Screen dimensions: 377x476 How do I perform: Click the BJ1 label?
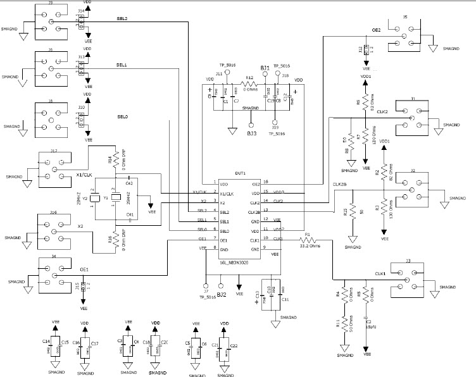[x=265, y=67]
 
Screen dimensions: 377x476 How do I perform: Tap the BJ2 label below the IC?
[x=222, y=295]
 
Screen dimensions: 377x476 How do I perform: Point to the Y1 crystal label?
[x=106, y=198]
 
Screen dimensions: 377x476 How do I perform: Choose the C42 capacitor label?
[x=128, y=182]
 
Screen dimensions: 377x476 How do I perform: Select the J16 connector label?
[x=54, y=214]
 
